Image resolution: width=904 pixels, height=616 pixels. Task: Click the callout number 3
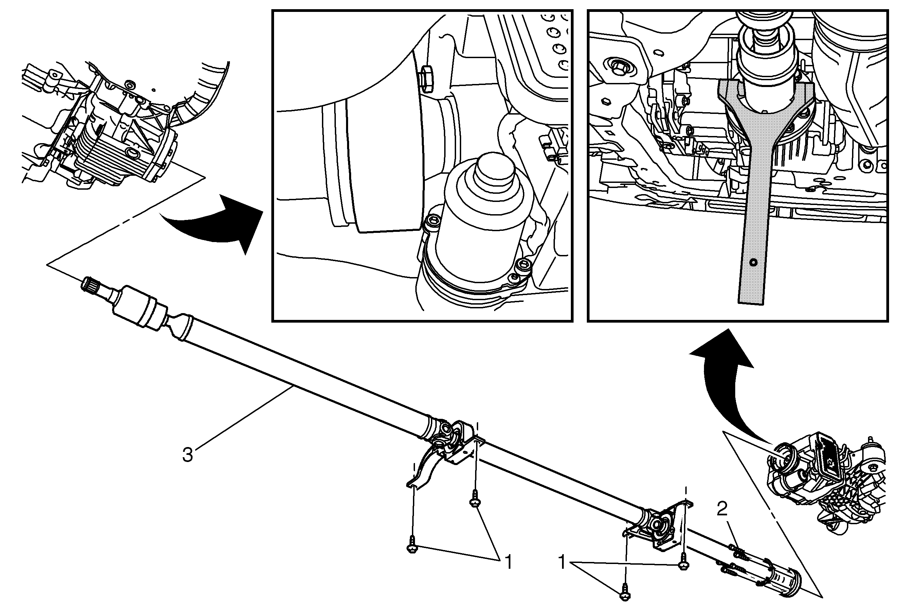[x=188, y=455]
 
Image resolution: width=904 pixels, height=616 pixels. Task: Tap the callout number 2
[x=722, y=509]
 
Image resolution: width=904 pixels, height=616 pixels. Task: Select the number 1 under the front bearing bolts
[x=508, y=562]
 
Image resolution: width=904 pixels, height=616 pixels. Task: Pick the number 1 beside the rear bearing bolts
[x=562, y=562]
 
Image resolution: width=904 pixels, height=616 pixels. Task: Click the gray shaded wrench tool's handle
[x=752, y=234]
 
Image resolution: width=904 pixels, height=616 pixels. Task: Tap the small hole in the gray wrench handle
[x=754, y=262]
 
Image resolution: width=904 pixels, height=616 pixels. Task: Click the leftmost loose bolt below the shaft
[x=412, y=548]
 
